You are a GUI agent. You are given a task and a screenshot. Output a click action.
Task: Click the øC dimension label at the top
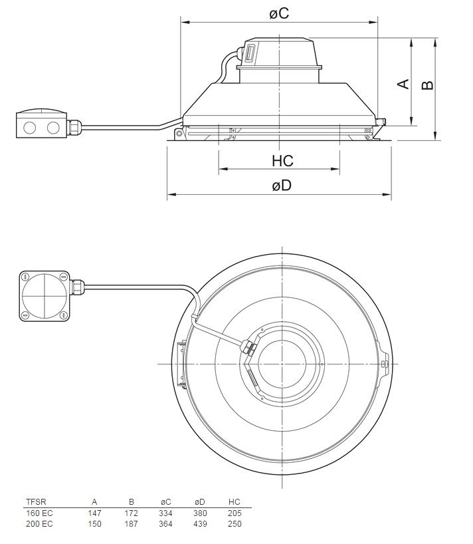coord(279,13)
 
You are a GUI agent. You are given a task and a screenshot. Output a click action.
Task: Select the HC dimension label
coord(282,162)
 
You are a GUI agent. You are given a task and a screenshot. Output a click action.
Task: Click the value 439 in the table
coord(201,523)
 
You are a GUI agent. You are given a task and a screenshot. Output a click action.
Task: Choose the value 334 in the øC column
coord(165,513)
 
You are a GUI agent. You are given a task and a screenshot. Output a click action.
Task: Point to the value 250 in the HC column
coord(234,523)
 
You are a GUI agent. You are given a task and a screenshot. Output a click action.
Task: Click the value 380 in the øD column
coord(201,513)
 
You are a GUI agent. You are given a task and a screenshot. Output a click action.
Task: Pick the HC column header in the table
coord(234,502)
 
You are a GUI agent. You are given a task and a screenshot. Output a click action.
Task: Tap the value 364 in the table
coord(165,523)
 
